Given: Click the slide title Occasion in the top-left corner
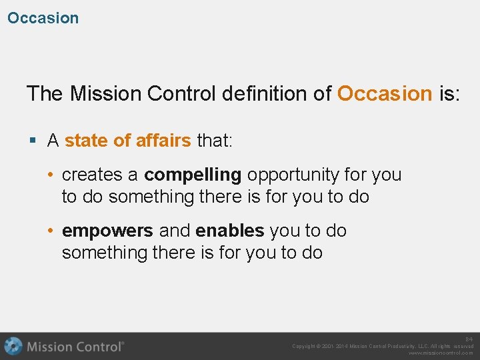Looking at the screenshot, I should point(43,18).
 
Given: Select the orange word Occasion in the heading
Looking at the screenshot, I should point(385,93).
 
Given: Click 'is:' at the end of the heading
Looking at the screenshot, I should point(449,93).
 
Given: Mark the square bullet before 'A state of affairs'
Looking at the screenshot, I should point(33,141).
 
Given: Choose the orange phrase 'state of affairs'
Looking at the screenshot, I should point(128,141).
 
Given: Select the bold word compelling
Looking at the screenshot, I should point(193,175).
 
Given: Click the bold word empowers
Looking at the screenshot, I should point(107,231).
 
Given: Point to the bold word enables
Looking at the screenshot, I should point(230,231).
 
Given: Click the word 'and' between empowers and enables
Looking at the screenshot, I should point(175,231).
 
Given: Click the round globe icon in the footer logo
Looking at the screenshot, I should point(13,347).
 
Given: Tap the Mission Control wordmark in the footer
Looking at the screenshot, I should point(75,347).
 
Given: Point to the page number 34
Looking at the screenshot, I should point(469,339).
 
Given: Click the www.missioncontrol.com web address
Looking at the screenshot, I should point(441,353).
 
